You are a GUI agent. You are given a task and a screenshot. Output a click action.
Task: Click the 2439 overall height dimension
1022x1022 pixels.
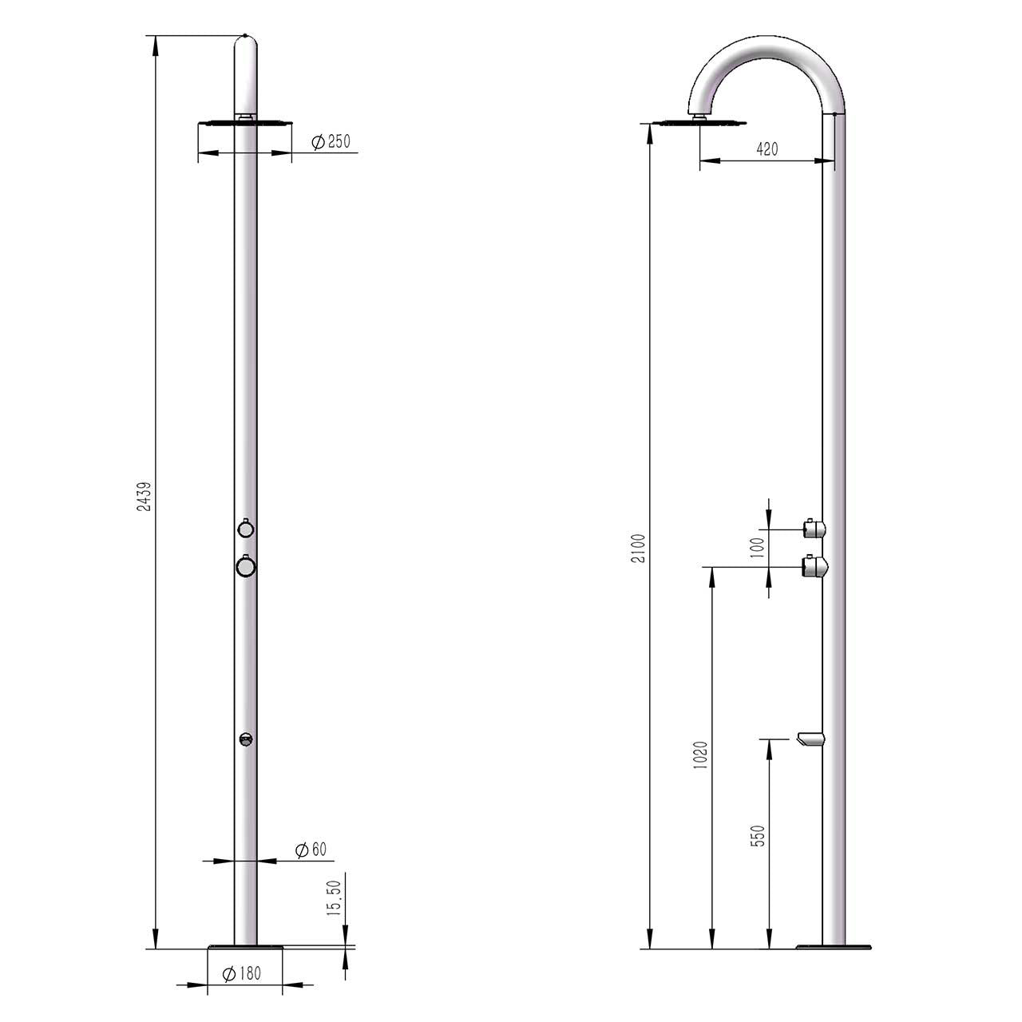pyautogui.click(x=145, y=495)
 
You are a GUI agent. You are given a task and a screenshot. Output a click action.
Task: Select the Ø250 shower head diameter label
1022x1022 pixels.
pyautogui.click(x=331, y=142)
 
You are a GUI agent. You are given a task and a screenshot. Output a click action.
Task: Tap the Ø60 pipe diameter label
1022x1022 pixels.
pyautogui.click(x=311, y=850)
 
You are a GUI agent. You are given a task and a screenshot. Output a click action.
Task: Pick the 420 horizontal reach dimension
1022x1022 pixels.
pyautogui.click(x=766, y=149)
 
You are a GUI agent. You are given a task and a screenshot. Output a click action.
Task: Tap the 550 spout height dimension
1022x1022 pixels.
pyautogui.click(x=759, y=835)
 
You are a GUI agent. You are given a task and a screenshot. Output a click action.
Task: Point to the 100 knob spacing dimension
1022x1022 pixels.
pyautogui.click(x=758, y=547)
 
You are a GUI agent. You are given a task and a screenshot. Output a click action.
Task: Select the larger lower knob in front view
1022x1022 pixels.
pyautogui.click(x=246, y=565)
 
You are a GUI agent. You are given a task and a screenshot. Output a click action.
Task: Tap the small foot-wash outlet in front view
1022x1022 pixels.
pyautogui.click(x=246, y=739)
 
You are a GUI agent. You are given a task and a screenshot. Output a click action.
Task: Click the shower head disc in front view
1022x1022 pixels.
pyautogui.click(x=245, y=123)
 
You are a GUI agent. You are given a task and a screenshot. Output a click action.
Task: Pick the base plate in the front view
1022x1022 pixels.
pyautogui.click(x=246, y=948)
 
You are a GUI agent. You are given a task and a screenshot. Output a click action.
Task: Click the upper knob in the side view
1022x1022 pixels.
pyautogui.click(x=814, y=527)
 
